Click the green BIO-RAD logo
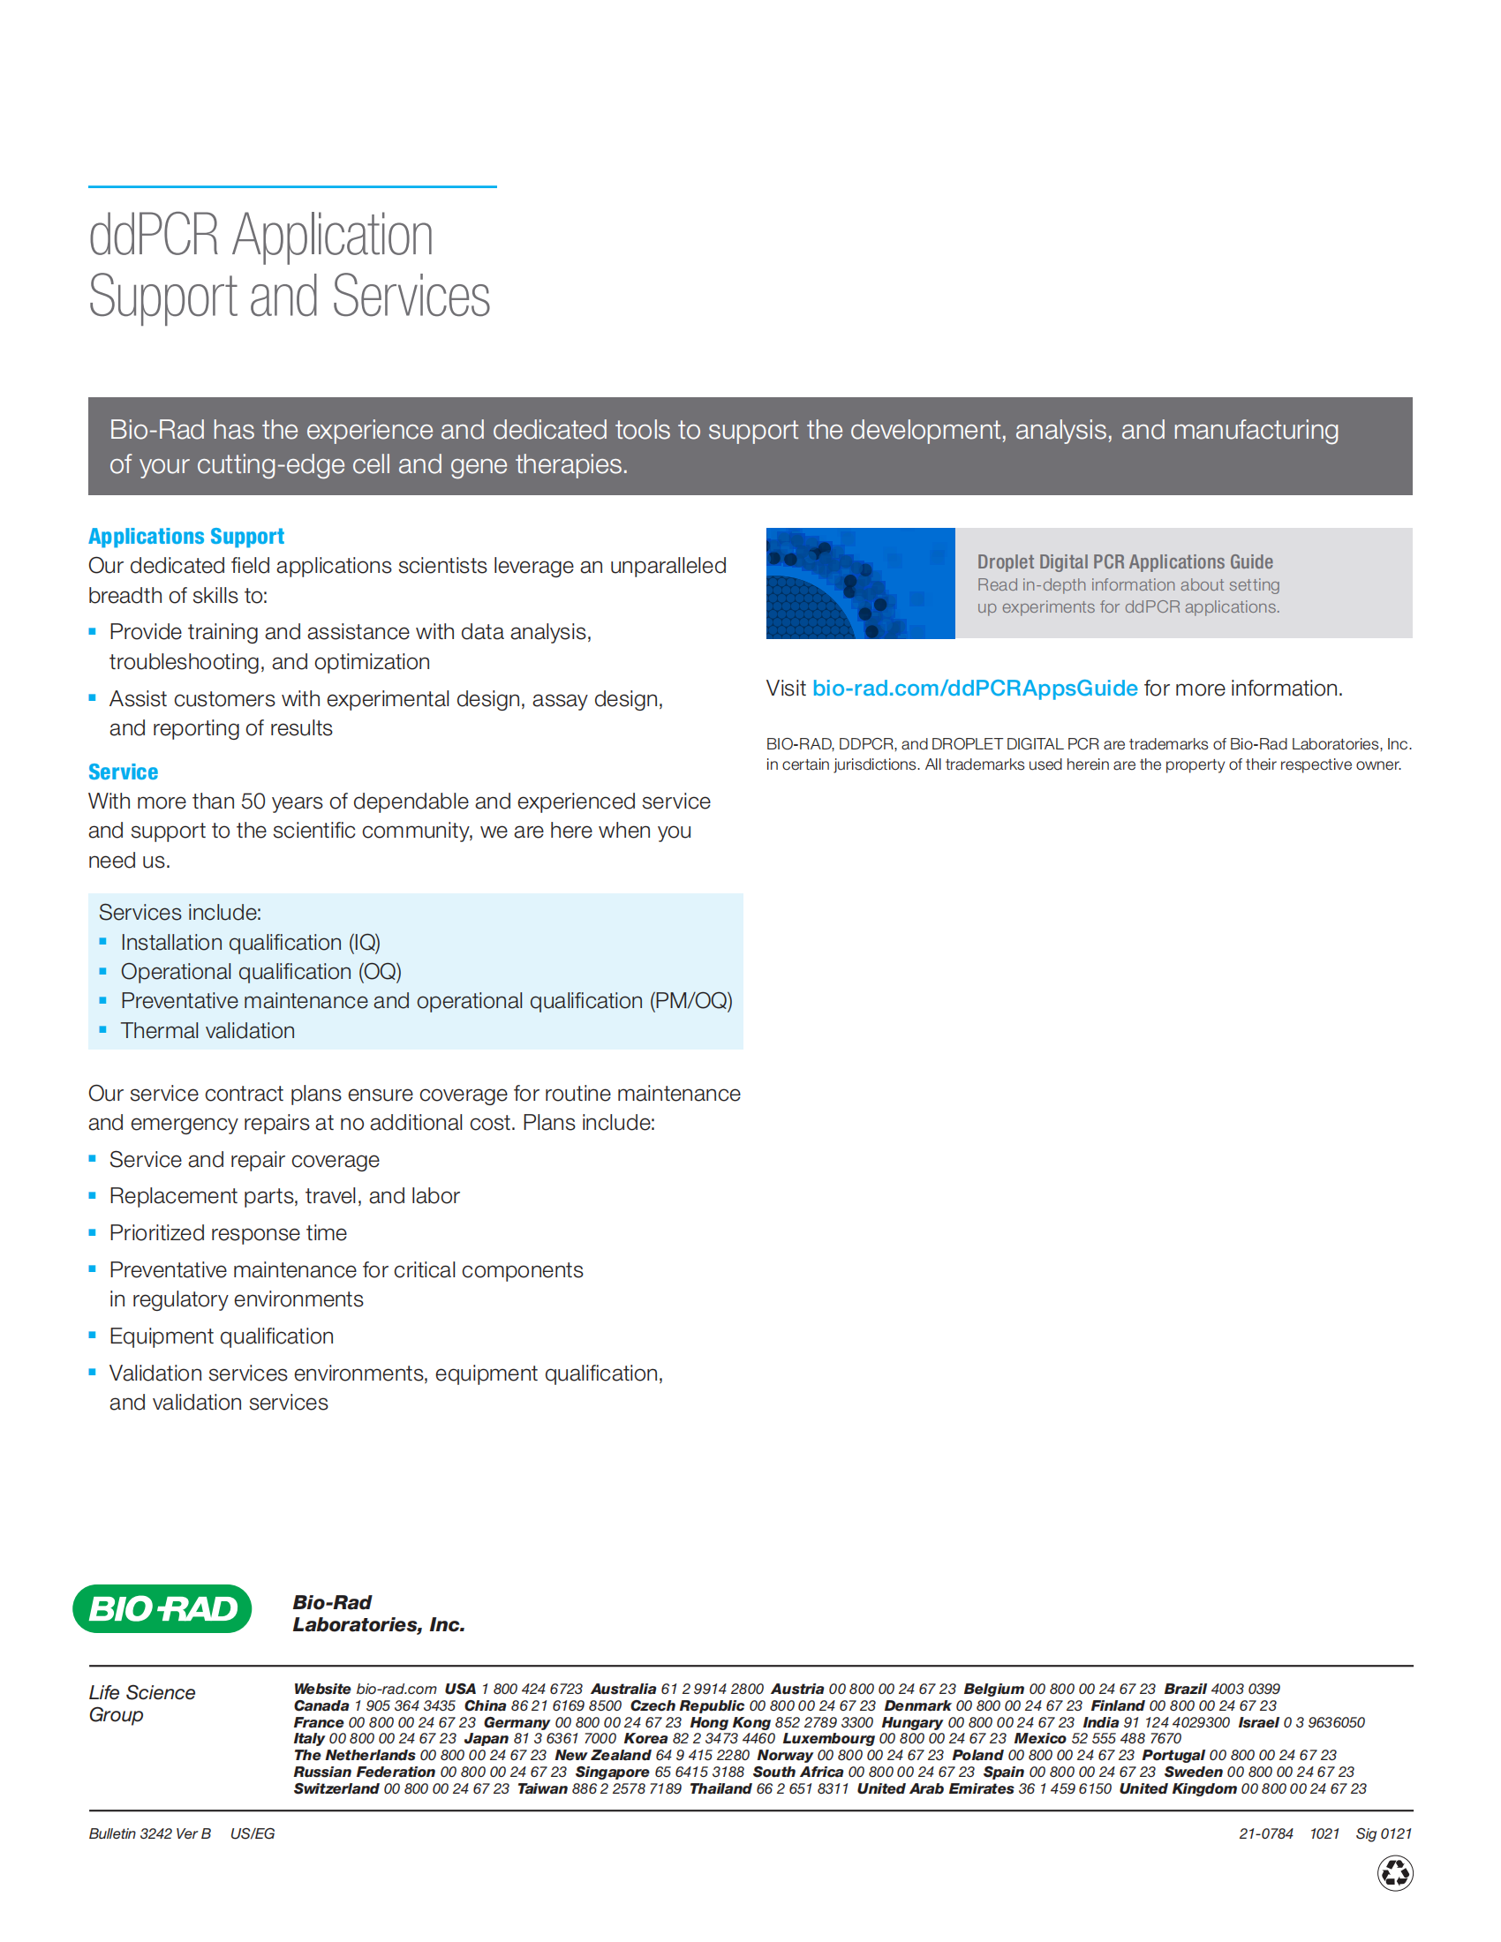tap(162, 1608)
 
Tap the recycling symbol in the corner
tap(1394, 1873)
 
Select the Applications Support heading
tap(185, 536)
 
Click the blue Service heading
tap(123, 772)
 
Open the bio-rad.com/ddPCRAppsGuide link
tap(975, 689)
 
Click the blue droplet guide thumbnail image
tap(860, 583)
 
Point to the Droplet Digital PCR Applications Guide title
tap(1124, 562)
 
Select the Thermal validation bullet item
tap(207, 1030)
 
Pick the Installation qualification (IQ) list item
tap(250, 943)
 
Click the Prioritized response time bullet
tap(228, 1233)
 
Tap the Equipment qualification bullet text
tap(222, 1336)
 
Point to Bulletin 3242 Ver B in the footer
tap(149, 1833)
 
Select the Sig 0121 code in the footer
tap(1383, 1833)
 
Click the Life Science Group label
tap(141, 1703)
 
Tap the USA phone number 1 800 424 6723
tap(532, 1689)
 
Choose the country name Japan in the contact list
tap(487, 1738)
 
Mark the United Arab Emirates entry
tap(934, 1788)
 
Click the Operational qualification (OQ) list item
tap(260, 972)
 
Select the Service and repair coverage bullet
tap(244, 1161)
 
